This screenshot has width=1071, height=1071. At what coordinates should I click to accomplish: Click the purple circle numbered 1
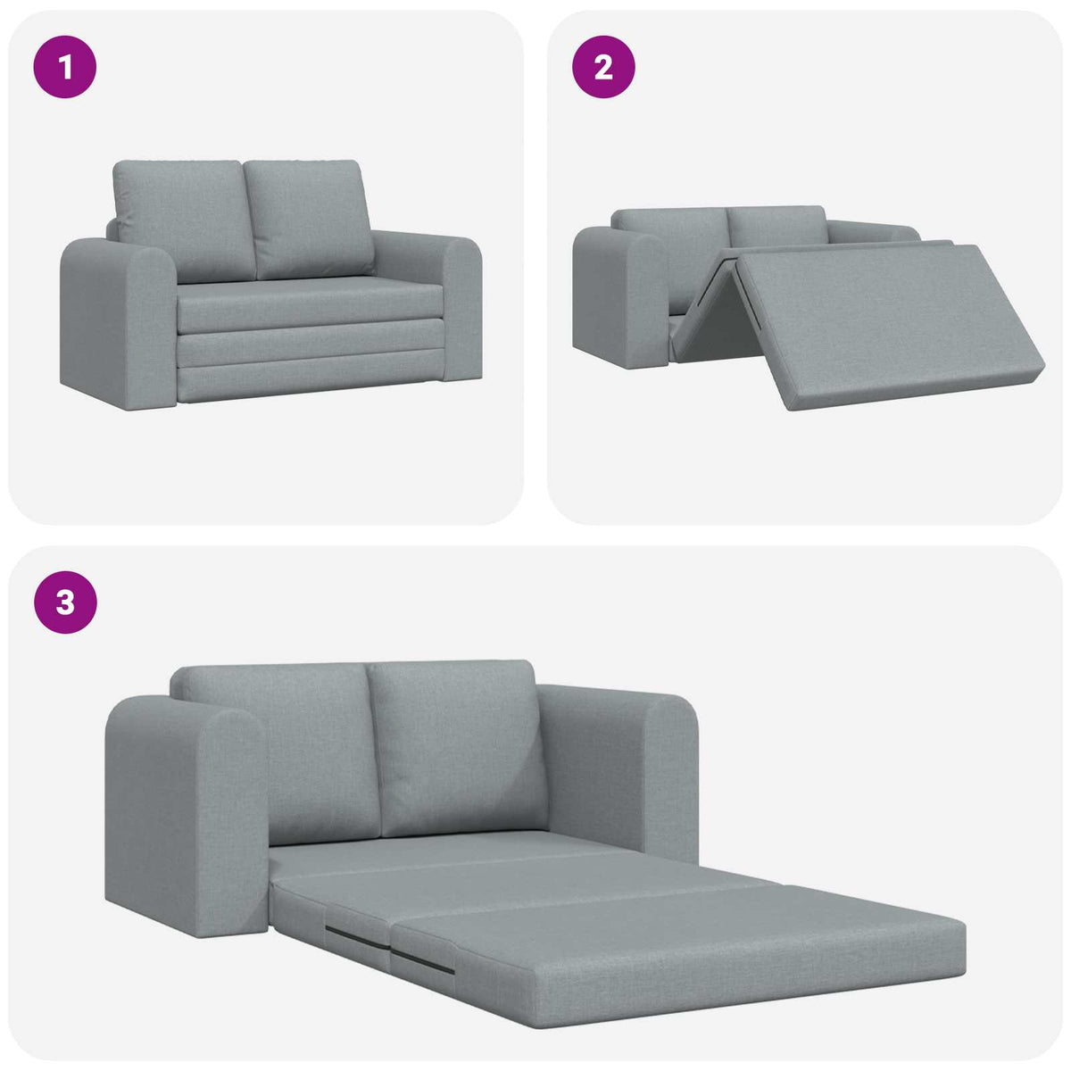click(x=65, y=67)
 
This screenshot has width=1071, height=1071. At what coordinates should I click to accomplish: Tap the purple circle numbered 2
click(x=603, y=67)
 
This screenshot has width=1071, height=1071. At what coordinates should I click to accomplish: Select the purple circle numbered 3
click(x=65, y=603)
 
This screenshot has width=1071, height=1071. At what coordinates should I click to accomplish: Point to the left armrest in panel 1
click(x=116, y=321)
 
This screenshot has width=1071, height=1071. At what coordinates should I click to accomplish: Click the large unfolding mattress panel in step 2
click(x=884, y=321)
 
